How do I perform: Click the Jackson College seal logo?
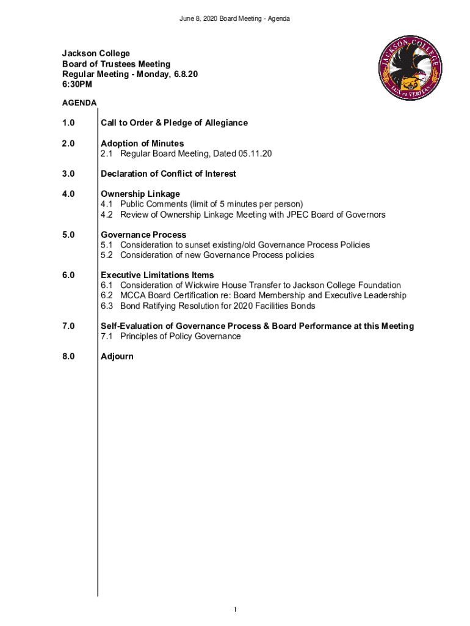pyautogui.click(x=410, y=68)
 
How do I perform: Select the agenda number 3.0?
pyautogui.click(x=68, y=174)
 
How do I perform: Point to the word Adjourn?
pyautogui.click(x=117, y=356)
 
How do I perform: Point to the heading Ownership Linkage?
pyautogui.click(x=140, y=194)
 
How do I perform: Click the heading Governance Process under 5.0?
pyautogui.click(x=143, y=235)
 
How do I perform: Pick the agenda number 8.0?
pyautogui.click(x=68, y=356)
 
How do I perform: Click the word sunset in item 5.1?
pyautogui.click(x=188, y=245)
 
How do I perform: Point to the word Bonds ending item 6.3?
pyautogui.click(x=303, y=306)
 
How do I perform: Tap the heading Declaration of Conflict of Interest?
pyautogui.click(x=168, y=174)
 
